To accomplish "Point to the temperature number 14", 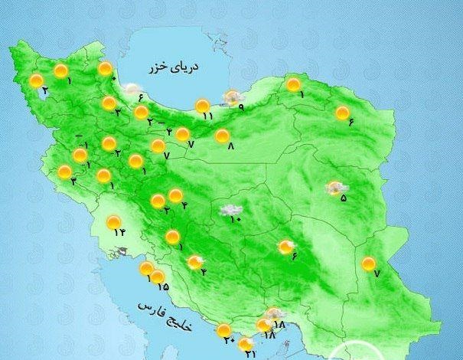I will [118, 231].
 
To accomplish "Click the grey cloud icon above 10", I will [230, 209].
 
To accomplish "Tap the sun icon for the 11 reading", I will [202, 106].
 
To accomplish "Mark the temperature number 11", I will [207, 116].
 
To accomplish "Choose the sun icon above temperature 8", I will [222, 136].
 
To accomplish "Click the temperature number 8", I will [230, 146].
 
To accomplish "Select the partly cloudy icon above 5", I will [335, 188].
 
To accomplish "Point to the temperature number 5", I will [344, 198].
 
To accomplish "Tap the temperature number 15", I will [163, 287].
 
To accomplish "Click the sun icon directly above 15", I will [158, 277].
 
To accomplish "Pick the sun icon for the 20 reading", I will [224, 331].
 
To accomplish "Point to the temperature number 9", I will [240, 107].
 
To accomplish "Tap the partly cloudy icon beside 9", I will [230, 97].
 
